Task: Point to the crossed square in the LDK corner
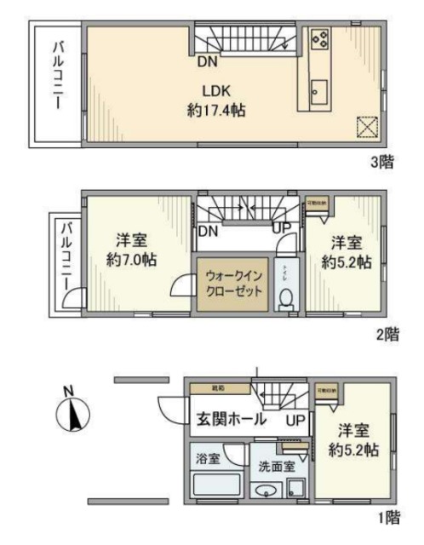pyautogui.click(x=366, y=126)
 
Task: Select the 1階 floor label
pyautogui.click(x=387, y=516)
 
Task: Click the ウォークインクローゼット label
pyautogui.click(x=231, y=283)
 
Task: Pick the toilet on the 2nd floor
pyautogui.click(x=287, y=298)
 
